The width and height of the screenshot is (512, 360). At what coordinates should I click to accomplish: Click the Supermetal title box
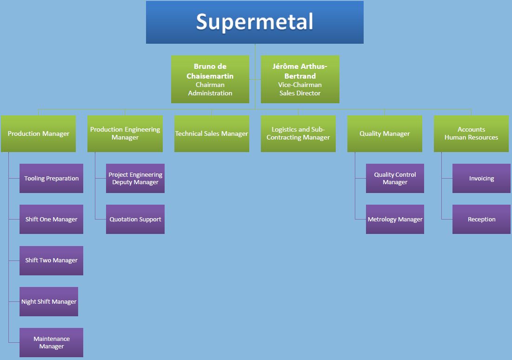[255, 22]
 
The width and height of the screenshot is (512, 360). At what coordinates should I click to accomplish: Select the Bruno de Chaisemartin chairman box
[210, 80]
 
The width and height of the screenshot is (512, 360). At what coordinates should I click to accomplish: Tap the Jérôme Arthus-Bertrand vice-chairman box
[300, 80]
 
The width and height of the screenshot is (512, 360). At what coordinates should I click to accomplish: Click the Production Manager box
[39, 133]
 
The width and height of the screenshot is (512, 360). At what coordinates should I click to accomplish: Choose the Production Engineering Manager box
[125, 133]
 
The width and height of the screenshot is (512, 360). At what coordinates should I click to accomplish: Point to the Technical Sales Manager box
[212, 133]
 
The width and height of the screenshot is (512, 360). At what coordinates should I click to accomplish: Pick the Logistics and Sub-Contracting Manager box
[298, 133]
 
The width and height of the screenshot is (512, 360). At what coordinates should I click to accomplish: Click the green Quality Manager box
[385, 133]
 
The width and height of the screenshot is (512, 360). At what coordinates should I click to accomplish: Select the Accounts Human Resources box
[471, 133]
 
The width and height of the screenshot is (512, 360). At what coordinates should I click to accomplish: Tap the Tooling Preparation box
[51, 178]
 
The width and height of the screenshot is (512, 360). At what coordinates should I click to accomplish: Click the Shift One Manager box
[51, 219]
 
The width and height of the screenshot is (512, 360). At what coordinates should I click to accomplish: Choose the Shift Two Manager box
[51, 260]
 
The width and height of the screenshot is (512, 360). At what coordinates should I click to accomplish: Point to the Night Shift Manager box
[49, 301]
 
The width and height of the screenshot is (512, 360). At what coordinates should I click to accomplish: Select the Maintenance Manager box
[51, 342]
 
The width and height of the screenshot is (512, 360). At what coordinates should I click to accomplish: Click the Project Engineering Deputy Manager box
[135, 178]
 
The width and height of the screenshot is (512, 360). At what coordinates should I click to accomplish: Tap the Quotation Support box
[135, 219]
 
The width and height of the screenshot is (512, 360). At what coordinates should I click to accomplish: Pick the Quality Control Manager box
[395, 178]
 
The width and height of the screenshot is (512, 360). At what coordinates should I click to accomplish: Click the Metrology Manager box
[395, 219]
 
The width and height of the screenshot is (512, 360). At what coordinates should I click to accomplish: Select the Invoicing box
[481, 178]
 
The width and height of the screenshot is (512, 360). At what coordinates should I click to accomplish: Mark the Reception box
[481, 219]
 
